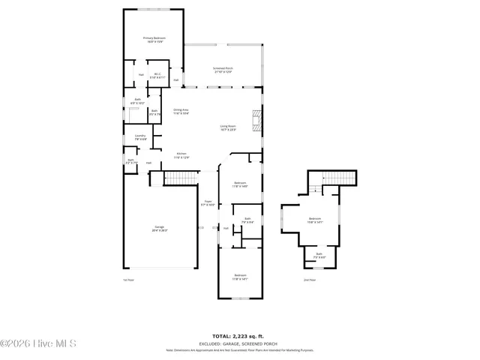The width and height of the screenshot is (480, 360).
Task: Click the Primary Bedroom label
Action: click(154, 39)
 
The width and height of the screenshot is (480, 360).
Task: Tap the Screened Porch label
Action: click(223, 70)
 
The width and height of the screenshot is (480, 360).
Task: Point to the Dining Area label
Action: click(181, 112)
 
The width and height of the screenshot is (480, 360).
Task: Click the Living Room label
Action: click(228, 127)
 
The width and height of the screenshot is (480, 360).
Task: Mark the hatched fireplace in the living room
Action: click(257, 120)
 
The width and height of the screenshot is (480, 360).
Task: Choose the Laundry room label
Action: click(140, 137)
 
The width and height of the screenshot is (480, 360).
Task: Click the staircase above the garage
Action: click(179, 178)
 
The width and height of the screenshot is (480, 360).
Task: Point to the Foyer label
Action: click(209, 202)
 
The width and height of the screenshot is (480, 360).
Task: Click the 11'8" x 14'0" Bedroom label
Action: click(240, 184)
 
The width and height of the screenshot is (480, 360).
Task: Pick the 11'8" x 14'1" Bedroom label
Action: click(240, 277)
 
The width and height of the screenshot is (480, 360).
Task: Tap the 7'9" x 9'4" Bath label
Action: click(247, 220)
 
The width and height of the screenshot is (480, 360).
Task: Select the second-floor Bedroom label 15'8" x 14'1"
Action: click(314, 220)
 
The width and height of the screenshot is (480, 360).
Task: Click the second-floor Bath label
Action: click(319, 256)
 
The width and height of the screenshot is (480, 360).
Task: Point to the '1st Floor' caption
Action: click(128, 280)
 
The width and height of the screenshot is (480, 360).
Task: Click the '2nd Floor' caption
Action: click(310, 280)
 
